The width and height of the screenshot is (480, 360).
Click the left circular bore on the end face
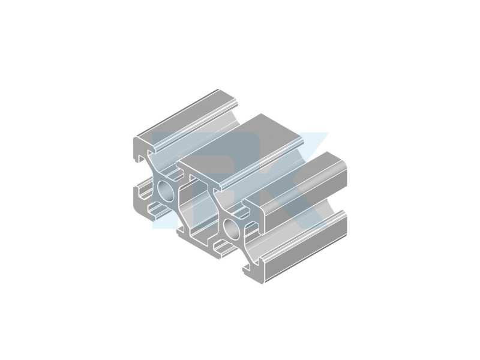pyautogui.click(x=167, y=191)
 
